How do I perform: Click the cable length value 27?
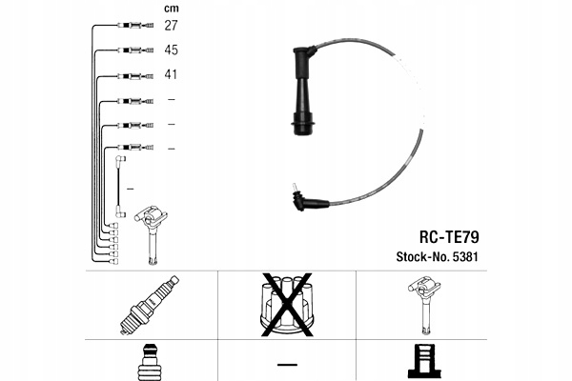(x=173, y=25)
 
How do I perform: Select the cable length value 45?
(x=173, y=50)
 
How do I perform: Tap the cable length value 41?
(x=173, y=74)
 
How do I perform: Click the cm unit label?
(x=172, y=9)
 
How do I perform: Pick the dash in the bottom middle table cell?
(x=286, y=363)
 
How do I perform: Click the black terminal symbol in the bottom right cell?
(x=422, y=362)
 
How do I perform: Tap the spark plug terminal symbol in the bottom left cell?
(x=149, y=363)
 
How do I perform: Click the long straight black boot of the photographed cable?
(x=304, y=95)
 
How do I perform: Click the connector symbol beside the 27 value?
(x=133, y=25)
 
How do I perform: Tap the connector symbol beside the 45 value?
(x=133, y=50)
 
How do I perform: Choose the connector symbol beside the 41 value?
(x=133, y=74)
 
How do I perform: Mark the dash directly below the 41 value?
(x=172, y=99)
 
